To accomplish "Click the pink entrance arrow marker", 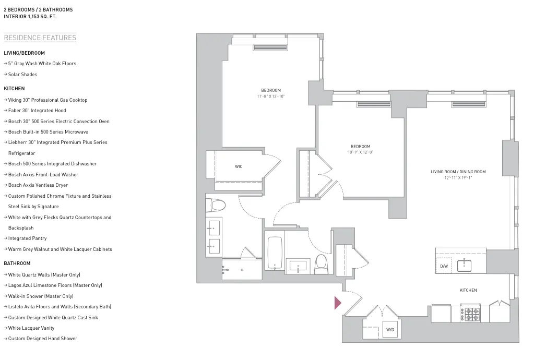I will tap(337, 303).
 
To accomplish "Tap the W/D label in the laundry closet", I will tap(390, 330).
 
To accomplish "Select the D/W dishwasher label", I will tap(444, 266).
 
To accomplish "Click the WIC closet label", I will tap(239, 166).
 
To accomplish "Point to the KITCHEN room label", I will tap(468, 290).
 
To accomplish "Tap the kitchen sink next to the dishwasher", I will tap(464, 266).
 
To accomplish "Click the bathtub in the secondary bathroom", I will tap(275, 253).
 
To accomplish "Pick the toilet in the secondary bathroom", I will tap(321, 263).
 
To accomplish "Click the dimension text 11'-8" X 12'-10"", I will tap(271, 97).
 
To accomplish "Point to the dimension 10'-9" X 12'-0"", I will tap(361, 152).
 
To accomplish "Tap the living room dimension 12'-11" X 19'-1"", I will tap(458, 177).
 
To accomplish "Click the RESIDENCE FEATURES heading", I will tap(40, 38).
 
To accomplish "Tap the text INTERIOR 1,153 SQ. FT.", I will tap(30, 17).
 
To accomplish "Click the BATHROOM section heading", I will tap(17, 263).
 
